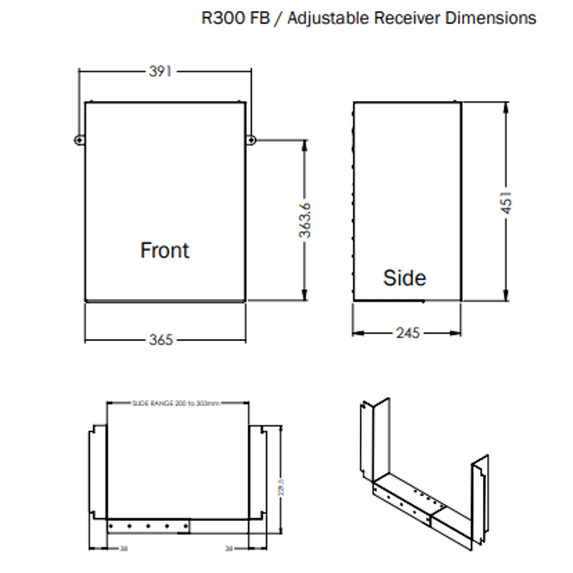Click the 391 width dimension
160,71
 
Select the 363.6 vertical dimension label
305,220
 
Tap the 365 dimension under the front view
160,340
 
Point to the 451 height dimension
507,203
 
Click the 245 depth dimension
407,333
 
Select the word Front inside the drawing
164,250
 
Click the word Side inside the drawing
404,277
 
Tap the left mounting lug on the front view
79,140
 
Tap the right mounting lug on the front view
251,140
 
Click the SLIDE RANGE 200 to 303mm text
176,403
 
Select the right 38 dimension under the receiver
230,549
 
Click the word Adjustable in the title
328,18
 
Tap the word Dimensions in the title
490,18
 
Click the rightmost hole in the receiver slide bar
186,526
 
